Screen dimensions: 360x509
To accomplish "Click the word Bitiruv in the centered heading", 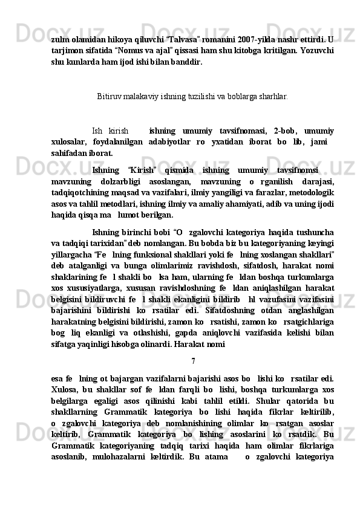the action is click(108, 96).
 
